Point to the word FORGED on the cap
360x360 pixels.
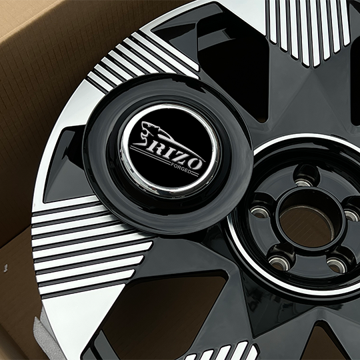pos(181,168)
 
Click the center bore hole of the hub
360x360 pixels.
pos(307,226)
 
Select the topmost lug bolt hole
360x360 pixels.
pos(304,182)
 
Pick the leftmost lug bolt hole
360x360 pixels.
pos(259,212)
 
